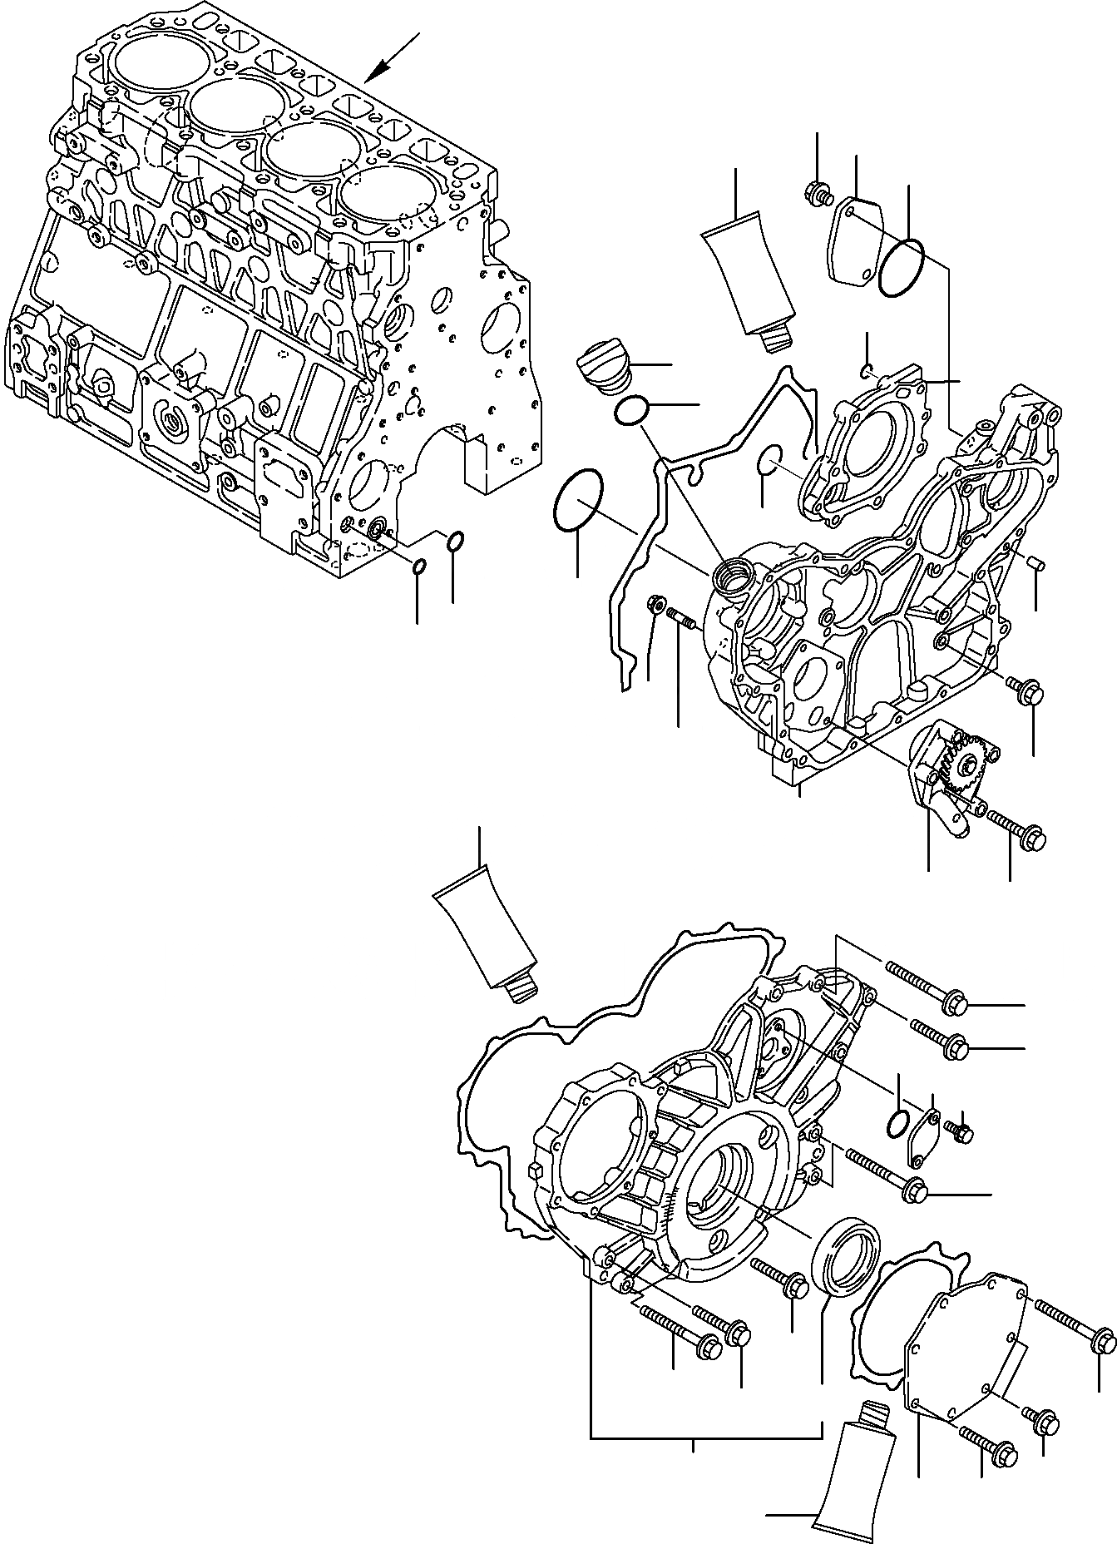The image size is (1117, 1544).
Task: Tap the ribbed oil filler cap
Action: tap(602, 367)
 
